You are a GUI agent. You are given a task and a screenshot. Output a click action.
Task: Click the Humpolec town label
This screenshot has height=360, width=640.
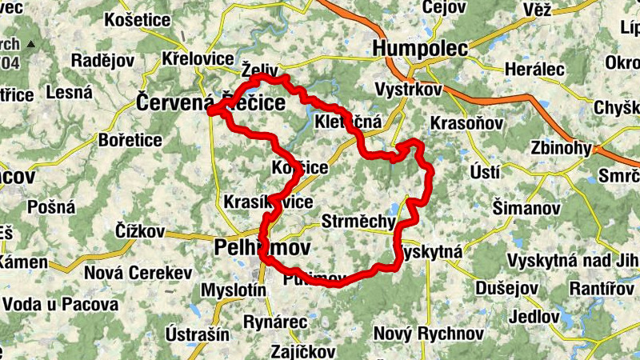420,48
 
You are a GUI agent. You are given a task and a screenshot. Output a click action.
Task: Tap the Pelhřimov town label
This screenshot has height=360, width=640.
262,249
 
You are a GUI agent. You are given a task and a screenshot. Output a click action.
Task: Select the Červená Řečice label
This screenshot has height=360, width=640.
210,102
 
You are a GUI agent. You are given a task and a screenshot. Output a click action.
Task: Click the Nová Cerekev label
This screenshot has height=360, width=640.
138,273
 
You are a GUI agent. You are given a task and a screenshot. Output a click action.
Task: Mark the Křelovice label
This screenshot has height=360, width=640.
197,59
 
